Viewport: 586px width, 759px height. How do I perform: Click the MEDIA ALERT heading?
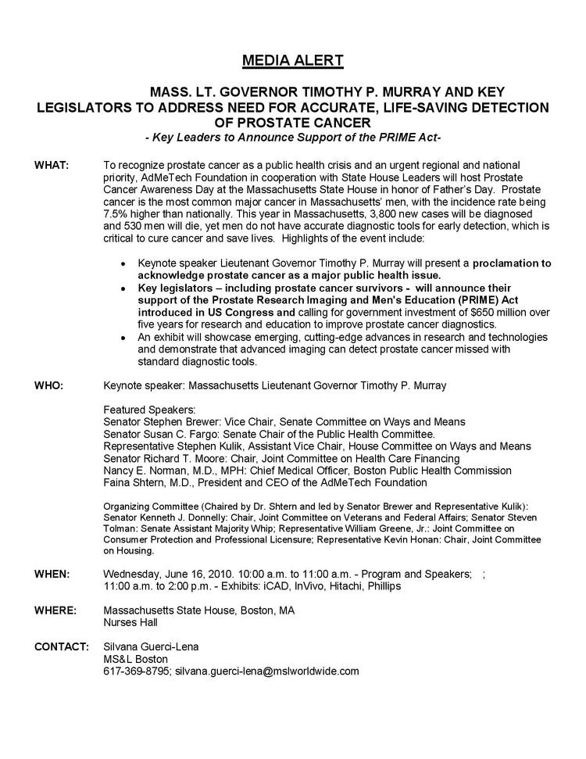[292, 60]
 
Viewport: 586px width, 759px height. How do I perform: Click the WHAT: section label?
[52, 166]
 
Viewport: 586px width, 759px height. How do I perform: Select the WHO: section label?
[49, 386]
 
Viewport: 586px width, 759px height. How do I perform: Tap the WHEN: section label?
[52, 574]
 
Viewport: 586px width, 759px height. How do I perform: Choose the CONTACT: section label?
[60, 646]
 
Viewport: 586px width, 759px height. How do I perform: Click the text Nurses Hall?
[130, 622]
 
